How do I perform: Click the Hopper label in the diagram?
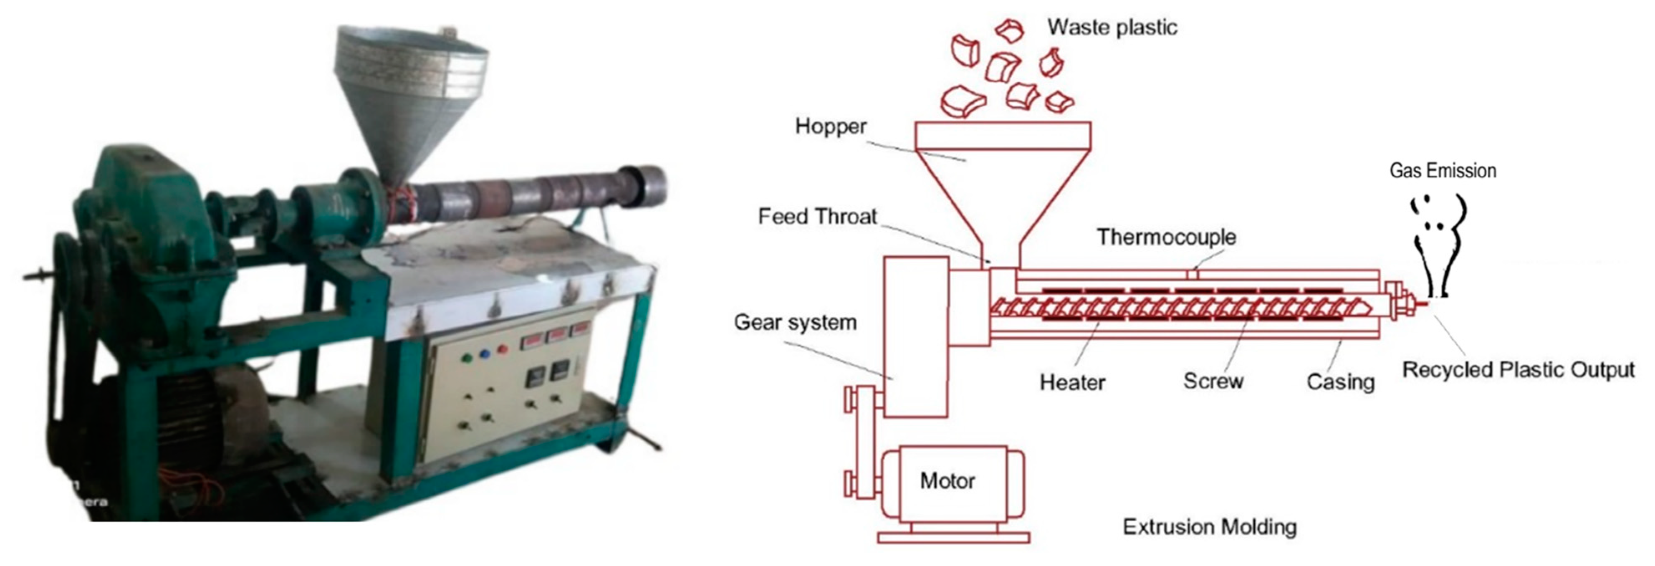[830, 126]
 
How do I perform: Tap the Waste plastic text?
[1112, 27]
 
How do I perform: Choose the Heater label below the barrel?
[1072, 382]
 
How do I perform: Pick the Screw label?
[1213, 381]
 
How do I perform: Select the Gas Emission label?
[1443, 171]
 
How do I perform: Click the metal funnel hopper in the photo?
[411, 96]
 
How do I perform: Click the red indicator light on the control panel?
[503, 349]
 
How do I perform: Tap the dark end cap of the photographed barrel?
[646, 185]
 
